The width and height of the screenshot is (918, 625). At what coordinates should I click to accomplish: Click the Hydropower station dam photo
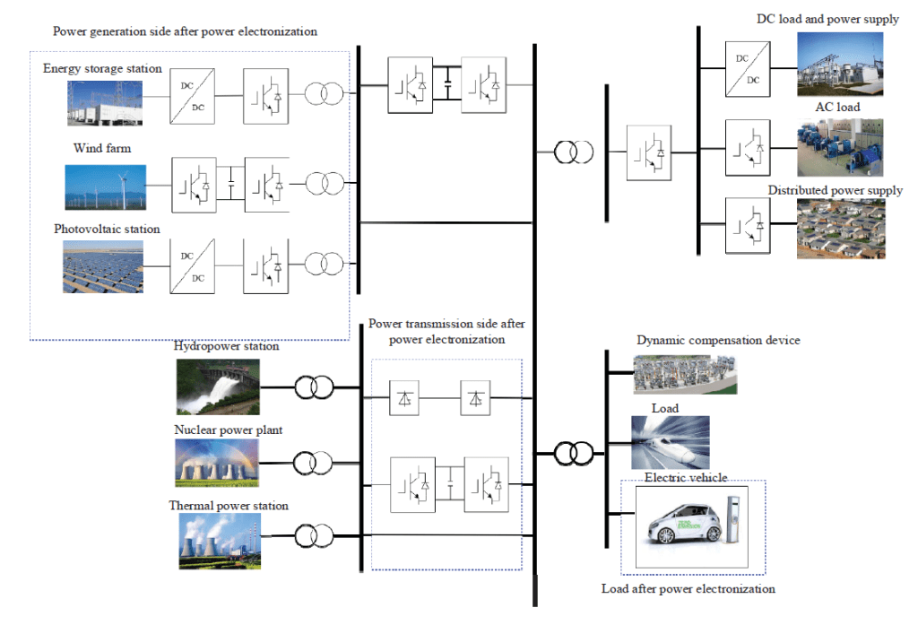coord(217,386)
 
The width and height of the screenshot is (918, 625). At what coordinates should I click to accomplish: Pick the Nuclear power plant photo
coord(217,462)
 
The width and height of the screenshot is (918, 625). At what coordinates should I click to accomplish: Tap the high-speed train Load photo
coord(671,442)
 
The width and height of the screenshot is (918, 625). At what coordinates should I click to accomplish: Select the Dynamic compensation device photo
coord(685,373)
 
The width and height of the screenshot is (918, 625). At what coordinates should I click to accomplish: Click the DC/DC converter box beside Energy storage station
coord(197,95)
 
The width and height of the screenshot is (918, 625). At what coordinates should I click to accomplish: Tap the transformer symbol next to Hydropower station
coord(316,387)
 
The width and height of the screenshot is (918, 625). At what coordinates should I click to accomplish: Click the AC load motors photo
coord(840,146)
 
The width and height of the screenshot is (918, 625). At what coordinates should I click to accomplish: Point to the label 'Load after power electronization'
coord(688,589)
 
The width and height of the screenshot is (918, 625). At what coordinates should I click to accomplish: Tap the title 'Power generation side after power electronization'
coord(185,31)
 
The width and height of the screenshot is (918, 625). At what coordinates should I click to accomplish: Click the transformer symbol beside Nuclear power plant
coord(316,463)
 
